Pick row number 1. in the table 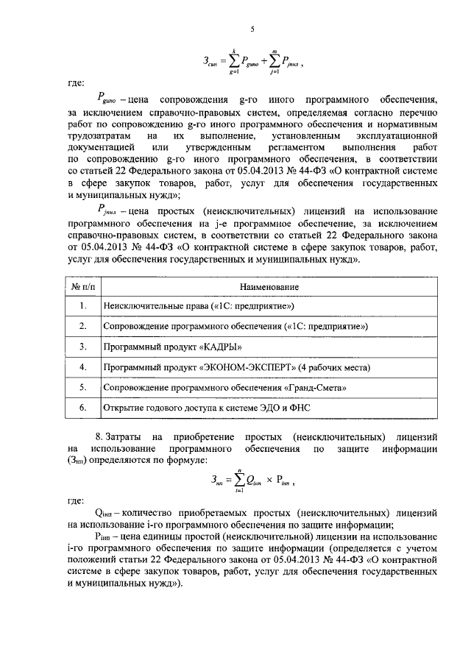tap(83, 305)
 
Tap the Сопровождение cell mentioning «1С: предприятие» tap(236, 325)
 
